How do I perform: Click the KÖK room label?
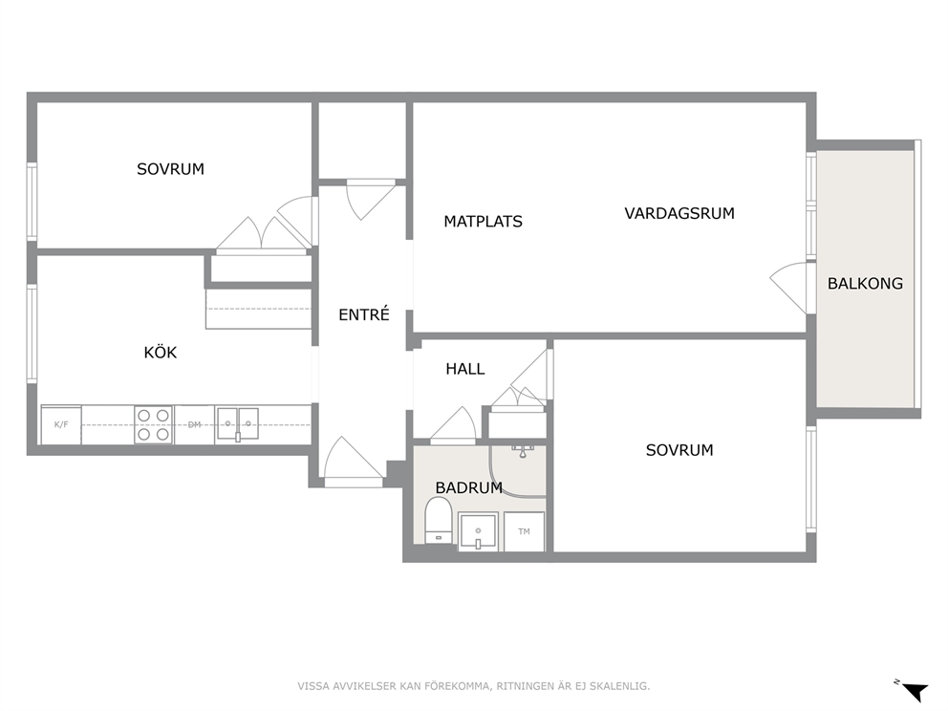click(161, 352)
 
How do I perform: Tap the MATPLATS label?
click(483, 222)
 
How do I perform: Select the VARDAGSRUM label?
click(679, 213)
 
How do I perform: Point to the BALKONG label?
click(865, 283)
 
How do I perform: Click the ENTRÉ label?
click(363, 314)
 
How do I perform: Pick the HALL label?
click(465, 368)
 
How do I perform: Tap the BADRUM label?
click(468, 487)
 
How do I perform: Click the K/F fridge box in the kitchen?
click(61, 424)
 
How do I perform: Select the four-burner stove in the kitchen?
click(154, 424)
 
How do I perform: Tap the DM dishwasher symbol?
click(194, 424)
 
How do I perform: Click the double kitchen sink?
click(238, 423)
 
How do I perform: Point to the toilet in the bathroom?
click(439, 521)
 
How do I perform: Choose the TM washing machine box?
click(525, 531)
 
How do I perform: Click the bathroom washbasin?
click(478, 532)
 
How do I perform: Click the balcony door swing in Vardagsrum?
click(788, 288)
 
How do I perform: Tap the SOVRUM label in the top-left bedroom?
click(170, 169)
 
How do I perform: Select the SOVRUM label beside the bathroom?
click(679, 450)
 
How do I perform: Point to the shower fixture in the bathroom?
click(524, 450)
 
